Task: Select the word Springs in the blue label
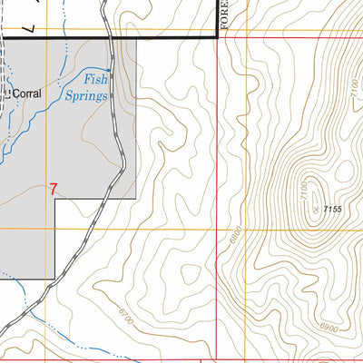[x=86, y=94]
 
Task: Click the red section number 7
[x=54, y=190]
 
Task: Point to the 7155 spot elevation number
[x=330, y=210]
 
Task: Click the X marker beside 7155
[x=314, y=209]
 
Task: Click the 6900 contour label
[x=329, y=327]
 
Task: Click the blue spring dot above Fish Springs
[x=108, y=71]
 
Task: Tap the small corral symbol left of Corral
[x=6, y=92]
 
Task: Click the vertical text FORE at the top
[x=221, y=15]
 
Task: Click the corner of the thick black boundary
[x=216, y=37]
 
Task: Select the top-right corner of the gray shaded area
[x=137, y=39]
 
